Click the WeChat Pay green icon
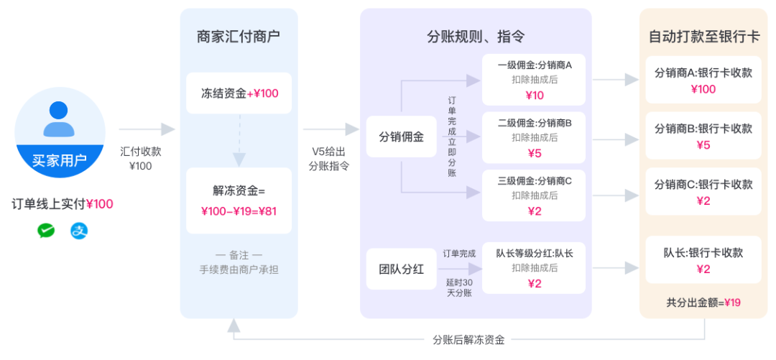(46, 231)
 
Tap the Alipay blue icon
(79, 231)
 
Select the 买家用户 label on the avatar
(60, 160)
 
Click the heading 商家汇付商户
(239, 37)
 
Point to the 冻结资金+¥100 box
(239, 93)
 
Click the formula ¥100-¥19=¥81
(239, 211)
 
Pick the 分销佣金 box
(402, 137)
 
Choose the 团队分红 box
(402, 269)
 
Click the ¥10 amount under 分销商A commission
(535, 96)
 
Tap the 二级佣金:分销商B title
(535, 122)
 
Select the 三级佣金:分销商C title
(535, 181)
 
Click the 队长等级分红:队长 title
(535, 253)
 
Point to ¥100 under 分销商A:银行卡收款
(703, 89)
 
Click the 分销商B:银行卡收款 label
(703, 129)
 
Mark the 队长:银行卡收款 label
(703, 252)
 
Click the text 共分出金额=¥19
(703, 302)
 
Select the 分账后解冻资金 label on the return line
(468, 340)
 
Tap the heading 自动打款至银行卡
(704, 37)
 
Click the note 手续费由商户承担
(239, 269)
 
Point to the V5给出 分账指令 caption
(328, 159)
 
